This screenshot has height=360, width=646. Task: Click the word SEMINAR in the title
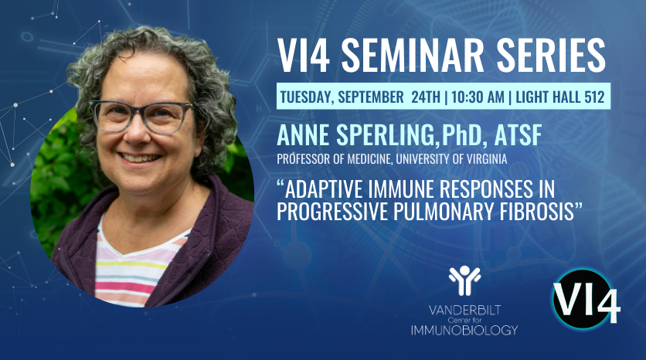point(413,56)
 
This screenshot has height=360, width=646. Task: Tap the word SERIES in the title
point(551,56)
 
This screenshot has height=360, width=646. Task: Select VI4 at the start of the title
point(303,56)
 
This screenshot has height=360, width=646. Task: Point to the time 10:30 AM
point(478,97)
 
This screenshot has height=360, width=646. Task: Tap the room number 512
point(594,97)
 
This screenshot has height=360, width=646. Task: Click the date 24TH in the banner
point(426,97)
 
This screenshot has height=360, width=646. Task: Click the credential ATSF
point(518,134)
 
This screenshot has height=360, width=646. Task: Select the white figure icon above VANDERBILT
point(464,280)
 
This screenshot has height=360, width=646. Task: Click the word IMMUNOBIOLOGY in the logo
point(464,330)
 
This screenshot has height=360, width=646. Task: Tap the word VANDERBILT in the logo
point(464,310)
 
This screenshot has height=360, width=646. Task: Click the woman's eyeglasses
point(141,117)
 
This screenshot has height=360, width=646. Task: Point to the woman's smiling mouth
point(139,158)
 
